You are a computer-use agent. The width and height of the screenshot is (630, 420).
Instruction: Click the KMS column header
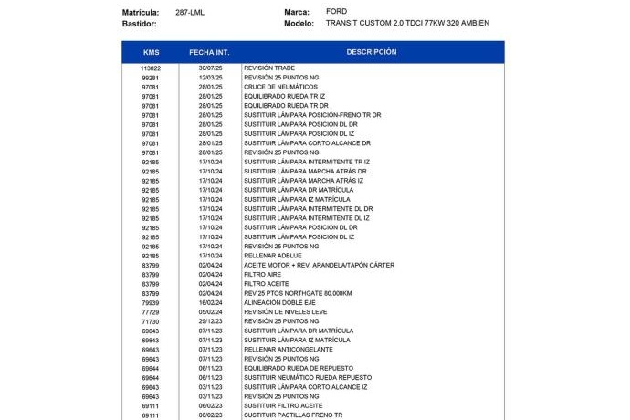coord(151,52)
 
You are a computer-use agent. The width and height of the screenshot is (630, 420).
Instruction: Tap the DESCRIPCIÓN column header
coord(371,52)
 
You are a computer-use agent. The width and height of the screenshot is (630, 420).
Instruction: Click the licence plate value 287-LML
coord(189,12)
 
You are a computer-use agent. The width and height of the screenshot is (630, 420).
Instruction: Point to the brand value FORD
coord(336,11)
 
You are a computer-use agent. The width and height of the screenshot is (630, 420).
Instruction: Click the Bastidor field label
coord(140,23)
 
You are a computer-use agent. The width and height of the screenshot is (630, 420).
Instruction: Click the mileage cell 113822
coord(151,68)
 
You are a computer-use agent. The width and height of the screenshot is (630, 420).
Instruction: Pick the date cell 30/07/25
coord(211,68)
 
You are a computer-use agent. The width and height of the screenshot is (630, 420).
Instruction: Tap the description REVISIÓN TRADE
coord(269,68)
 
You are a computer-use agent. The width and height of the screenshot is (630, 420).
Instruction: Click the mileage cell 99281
coord(151,78)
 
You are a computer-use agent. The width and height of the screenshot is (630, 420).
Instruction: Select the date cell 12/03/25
coord(211,78)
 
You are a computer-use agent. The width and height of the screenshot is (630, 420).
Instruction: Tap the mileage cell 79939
coord(151,302)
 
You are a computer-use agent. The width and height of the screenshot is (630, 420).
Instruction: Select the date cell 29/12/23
coord(211,321)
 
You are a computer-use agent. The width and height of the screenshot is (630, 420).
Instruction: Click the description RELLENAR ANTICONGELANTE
coord(288,350)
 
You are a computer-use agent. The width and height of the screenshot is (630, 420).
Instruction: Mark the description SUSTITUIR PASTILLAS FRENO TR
coord(293,415)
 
